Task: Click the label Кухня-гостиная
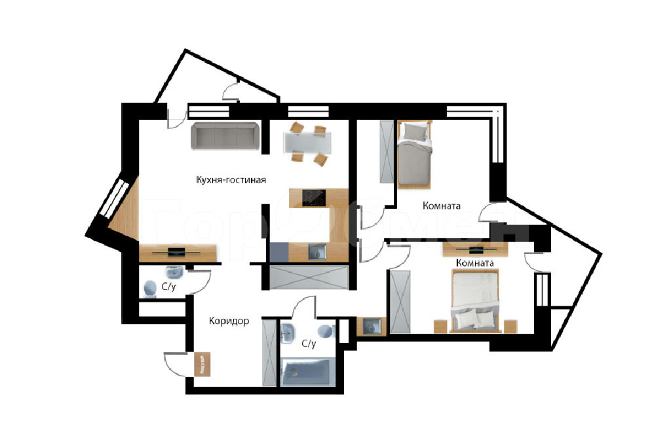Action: [x=231, y=180]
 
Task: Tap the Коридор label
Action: [x=229, y=321]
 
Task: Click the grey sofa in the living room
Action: [x=225, y=136]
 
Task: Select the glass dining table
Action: [x=307, y=143]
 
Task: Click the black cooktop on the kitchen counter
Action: [x=314, y=198]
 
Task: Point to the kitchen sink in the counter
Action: [x=317, y=252]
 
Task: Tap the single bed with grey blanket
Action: [x=414, y=154]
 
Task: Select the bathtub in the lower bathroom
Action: [x=305, y=372]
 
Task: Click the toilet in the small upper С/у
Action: [x=150, y=289]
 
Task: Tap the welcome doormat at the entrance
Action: [x=202, y=364]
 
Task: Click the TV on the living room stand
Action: [x=176, y=252]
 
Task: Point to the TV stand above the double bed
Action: [x=476, y=249]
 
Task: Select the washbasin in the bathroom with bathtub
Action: [x=288, y=333]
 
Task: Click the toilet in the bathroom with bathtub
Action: [x=328, y=331]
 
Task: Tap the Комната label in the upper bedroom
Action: [x=442, y=206]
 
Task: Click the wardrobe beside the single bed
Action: [x=387, y=152]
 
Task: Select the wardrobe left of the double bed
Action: [x=400, y=301]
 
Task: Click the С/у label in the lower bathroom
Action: [x=309, y=344]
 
